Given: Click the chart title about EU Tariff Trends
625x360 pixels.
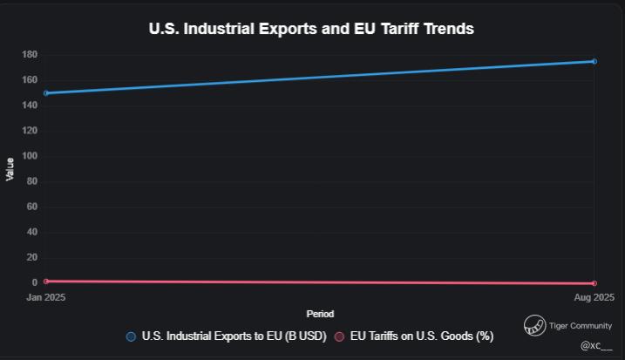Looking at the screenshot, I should [x=311, y=28].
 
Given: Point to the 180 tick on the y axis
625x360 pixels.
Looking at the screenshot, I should [x=30, y=55].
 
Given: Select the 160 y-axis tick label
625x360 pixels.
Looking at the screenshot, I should [x=30, y=80].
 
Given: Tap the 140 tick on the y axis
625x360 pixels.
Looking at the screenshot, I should [x=30, y=105].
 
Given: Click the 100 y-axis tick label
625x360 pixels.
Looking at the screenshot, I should [x=30, y=156].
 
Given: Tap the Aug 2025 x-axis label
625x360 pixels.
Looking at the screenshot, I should [x=594, y=297].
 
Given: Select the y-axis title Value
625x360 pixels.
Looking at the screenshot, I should [x=10, y=169].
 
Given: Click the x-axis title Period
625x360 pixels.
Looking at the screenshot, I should [x=320, y=314].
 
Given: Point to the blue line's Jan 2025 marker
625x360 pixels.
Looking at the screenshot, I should [x=46, y=92].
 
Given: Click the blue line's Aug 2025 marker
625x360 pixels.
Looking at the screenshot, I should [x=594, y=61].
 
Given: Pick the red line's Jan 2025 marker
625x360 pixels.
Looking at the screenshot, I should [x=46, y=281].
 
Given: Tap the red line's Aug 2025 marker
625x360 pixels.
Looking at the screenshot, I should [x=594, y=283].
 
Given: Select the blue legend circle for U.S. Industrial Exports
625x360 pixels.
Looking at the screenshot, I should [x=131, y=336].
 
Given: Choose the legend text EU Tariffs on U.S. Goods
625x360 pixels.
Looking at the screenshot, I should [x=422, y=336].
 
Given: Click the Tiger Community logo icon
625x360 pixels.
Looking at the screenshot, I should [x=534, y=326].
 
